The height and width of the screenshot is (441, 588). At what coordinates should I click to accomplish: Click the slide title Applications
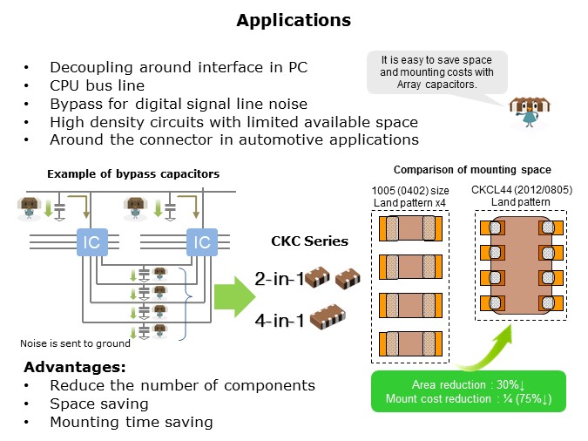pyautogui.click(x=294, y=20)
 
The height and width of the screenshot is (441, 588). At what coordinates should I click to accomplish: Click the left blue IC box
pyautogui.click(x=91, y=241)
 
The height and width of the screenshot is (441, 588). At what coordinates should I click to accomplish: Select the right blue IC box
pyautogui.click(x=201, y=241)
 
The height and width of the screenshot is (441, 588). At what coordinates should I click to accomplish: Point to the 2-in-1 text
pyautogui.click(x=279, y=280)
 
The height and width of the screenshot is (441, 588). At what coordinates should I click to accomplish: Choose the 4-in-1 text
pyautogui.click(x=279, y=321)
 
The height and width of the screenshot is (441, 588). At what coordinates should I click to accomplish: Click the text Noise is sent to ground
pyautogui.click(x=69, y=343)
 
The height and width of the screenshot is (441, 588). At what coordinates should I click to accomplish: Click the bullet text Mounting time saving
pyautogui.click(x=131, y=422)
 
